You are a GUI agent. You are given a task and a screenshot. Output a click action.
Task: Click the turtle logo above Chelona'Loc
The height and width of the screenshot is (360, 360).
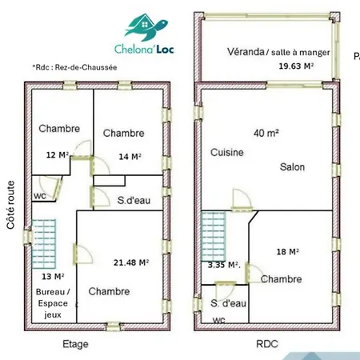pyautogui.click(x=146, y=27)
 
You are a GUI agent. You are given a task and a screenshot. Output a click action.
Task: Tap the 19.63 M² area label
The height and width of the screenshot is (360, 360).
pyautogui.click(x=296, y=66)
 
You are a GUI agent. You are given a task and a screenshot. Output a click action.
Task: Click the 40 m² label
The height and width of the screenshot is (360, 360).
pyautogui.click(x=266, y=133)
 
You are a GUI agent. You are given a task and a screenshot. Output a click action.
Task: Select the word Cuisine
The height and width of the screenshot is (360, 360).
pyautogui.click(x=227, y=152)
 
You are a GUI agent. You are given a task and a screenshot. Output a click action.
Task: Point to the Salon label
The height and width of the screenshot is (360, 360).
pyautogui.click(x=292, y=167)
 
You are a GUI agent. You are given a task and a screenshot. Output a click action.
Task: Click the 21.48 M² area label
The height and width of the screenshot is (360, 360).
pyautogui.click(x=131, y=262)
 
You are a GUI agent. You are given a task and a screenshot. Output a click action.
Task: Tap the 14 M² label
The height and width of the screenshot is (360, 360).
pyautogui.click(x=130, y=157)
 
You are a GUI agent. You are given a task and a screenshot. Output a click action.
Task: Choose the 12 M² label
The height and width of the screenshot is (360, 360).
pyautogui.click(x=58, y=155)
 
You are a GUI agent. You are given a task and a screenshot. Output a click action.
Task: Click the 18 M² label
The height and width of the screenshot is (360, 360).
pyautogui.click(x=287, y=251)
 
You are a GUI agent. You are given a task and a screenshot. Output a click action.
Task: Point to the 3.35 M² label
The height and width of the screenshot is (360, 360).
pyautogui.click(x=224, y=265)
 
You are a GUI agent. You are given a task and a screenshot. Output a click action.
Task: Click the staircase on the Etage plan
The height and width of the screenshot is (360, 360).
pyautogui.click(x=44, y=244)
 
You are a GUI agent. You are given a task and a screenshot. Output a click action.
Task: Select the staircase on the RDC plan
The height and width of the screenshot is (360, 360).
pyautogui.click(x=214, y=236)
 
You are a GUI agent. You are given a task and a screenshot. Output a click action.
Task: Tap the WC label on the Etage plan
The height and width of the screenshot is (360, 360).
pyautogui.click(x=40, y=196)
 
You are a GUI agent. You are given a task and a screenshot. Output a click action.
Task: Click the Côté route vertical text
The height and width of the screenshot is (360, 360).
pyautogui.click(x=10, y=205)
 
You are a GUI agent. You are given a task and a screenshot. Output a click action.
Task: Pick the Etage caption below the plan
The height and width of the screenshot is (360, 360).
pyautogui.click(x=75, y=344)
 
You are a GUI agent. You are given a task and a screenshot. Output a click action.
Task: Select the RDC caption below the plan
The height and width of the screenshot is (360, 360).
pyautogui.click(x=267, y=344)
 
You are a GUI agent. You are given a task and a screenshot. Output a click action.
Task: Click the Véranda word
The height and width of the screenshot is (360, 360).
pyautogui.click(x=246, y=51)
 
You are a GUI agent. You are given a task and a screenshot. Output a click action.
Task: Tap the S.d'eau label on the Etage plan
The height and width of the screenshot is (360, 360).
pyautogui.click(x=134, y=200)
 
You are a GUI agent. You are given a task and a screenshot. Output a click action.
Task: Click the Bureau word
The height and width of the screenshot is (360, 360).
pyautogui.click(x=50, y=292)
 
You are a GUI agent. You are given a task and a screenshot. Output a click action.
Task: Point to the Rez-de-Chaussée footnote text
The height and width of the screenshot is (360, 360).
pyautogui.click(x=86, y=67)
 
